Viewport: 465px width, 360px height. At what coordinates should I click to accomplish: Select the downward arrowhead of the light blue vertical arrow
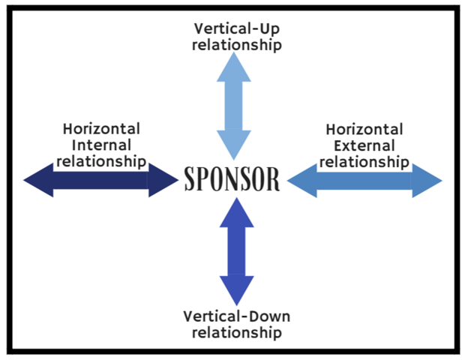coord(234,142)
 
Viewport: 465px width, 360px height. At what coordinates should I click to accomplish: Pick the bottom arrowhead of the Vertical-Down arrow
coord(236,289)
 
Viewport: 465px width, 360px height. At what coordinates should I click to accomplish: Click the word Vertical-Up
coord(236,29)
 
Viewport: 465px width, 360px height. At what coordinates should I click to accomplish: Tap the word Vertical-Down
coord(236,316)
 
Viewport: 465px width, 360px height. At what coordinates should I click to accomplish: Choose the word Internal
coord(102,145)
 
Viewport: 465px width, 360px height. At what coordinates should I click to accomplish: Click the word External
coord(364,145)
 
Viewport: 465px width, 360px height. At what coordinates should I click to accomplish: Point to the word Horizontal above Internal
coord(101,129)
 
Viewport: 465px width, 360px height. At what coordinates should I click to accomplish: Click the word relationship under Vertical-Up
coord(236,45)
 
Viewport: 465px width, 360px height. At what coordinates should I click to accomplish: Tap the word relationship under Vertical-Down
coord(236,331)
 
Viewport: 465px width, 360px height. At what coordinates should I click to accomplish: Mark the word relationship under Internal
coord(101,160)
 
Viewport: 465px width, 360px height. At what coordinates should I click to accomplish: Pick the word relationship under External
coord(364,161)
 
